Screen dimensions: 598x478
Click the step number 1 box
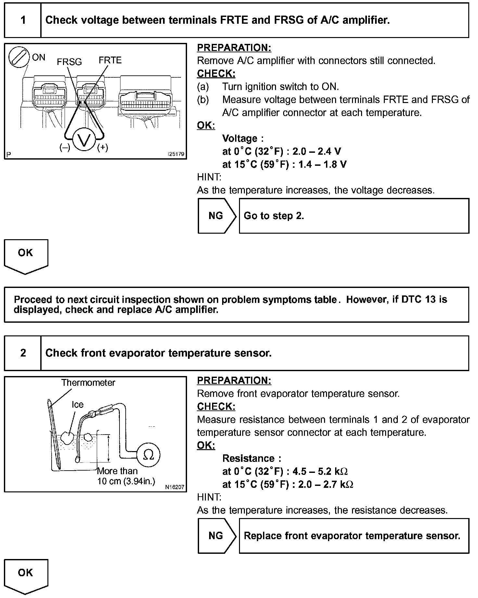23,20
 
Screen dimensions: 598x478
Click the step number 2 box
23,353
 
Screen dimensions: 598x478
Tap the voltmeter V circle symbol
84,140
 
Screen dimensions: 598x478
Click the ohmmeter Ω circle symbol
148,456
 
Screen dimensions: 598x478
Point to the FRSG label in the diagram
69,62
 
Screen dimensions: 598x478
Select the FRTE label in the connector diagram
110,60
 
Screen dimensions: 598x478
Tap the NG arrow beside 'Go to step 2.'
217,216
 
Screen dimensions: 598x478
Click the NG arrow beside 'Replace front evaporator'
217,536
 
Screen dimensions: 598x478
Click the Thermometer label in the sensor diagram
88,383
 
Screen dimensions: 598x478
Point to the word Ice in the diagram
78,405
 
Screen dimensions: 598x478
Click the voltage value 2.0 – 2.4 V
317,151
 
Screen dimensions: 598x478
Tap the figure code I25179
176,154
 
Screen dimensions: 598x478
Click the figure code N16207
175,487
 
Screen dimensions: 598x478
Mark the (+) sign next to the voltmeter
103,148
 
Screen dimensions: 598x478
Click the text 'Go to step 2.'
274,216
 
